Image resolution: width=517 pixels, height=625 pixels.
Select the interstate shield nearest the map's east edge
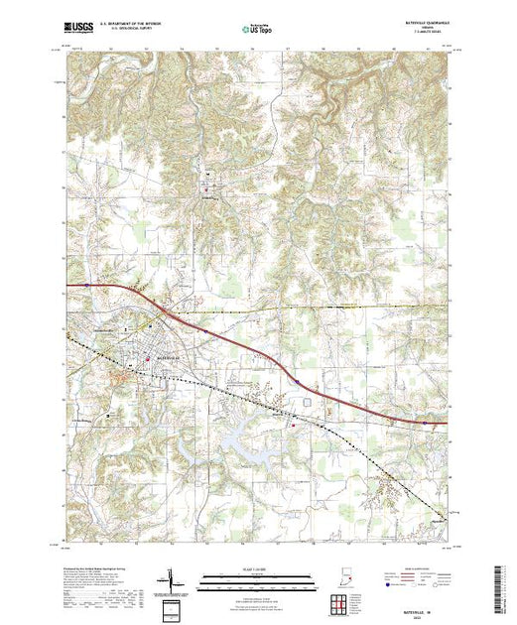425,421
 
